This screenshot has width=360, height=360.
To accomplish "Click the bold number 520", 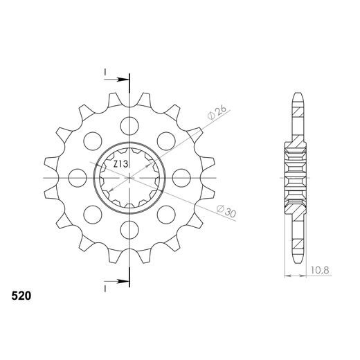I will (x=21, y=296).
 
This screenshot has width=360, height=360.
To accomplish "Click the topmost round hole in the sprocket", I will (x=129, y=125).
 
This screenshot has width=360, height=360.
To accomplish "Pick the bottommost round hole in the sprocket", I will (x=129, y=229).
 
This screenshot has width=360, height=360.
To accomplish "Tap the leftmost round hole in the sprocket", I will (x=78, y=177).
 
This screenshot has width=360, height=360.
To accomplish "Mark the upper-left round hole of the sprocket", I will (x=93, y=141).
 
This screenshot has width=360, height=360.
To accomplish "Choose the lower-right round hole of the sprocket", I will (x=166, y=214).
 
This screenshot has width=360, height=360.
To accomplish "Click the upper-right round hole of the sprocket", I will (x=166, y=141).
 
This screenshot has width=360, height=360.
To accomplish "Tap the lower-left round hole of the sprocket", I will (x=93, y=214).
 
